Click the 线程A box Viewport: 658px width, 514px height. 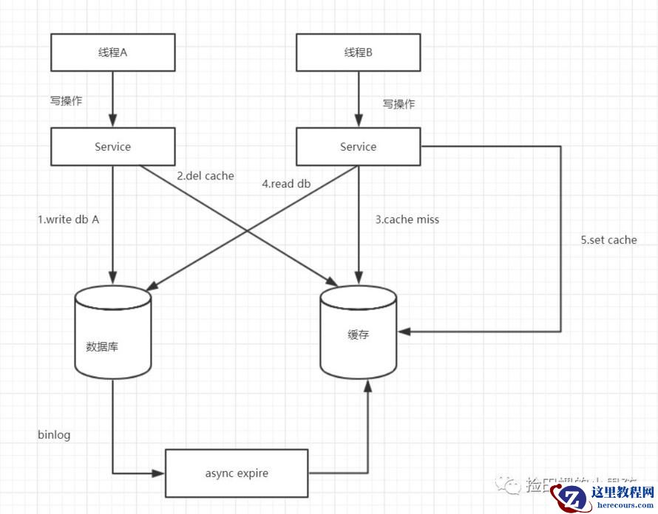pos(113,52)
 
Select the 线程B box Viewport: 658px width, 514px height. pos(358,52)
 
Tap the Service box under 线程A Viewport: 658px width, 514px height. pos(113,147)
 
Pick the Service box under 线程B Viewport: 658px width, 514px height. pos(358,147)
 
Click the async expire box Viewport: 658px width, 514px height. pos(237,473)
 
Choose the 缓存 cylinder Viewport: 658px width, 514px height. pos(358,335)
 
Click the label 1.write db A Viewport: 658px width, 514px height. pos(68,219)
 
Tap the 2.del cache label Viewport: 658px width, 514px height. pos(205,176)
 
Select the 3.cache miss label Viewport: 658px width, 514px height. pos(407,219)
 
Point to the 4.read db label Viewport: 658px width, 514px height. pos(286,183)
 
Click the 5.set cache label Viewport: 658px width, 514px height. pos(608,240)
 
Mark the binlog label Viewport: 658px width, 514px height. pos(54,435)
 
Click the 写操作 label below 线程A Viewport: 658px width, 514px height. pos(66,101)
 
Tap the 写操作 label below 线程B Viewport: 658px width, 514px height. pos(398,104)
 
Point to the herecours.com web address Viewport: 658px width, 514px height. pos(623,506)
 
